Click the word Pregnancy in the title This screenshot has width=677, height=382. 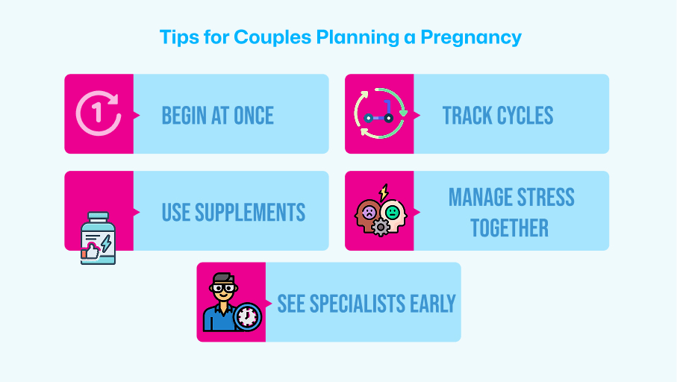tap(471, 37)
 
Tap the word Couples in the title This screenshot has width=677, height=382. tap(272, 37)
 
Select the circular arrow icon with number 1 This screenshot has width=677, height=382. tap(99, 113)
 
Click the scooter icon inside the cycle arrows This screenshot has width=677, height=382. tap(379, 112)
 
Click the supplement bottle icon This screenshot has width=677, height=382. tap(98, 238)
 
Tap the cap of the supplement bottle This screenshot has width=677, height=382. tap(98, 216)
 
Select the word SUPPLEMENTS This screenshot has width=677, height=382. tap(250, 213)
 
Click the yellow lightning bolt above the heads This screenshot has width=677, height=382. tap(384, 192)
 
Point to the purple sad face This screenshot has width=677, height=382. tap(369, 212)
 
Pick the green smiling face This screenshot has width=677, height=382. tap(393, 212)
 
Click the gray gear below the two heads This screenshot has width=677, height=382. tap(381, 228)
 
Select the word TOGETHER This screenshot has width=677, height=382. tap(510, 228)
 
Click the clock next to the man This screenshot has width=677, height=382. tap(247, 317)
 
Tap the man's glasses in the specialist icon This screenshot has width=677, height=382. tap(223, 288)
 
